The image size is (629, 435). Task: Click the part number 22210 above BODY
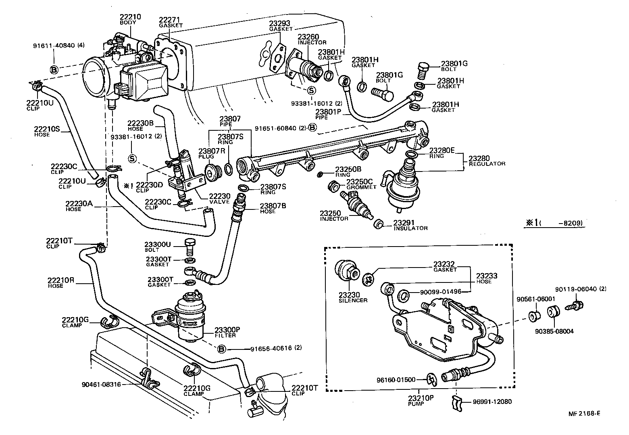pos(130,17)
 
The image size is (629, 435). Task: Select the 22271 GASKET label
pos(170,21)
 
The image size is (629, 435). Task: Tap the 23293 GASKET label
pos(280,25)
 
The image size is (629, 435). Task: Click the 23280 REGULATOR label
pos(486,161)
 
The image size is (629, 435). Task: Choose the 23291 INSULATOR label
pos(410,225)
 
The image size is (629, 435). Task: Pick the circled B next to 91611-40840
pos(54,69)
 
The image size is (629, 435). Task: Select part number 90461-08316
pos(101,385)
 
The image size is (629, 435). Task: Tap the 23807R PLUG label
pos(209,154)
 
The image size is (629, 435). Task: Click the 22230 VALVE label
pos(219,199)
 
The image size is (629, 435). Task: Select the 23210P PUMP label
pos(420,400)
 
